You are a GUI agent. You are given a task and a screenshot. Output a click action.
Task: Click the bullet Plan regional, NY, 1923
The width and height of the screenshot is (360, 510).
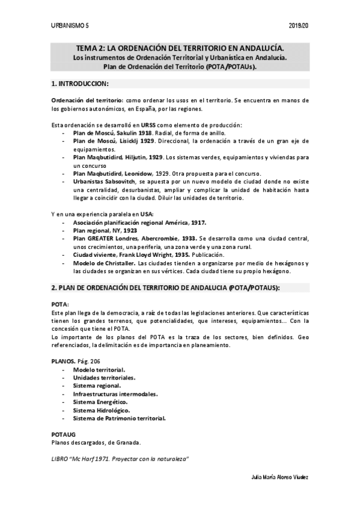click(x=105, y=230)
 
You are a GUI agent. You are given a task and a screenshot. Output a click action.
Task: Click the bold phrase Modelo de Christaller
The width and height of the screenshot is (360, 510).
click(x=104, y=263)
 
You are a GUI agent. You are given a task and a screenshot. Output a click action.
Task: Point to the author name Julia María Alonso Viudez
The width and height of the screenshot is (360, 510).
click(x=279, y=477)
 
